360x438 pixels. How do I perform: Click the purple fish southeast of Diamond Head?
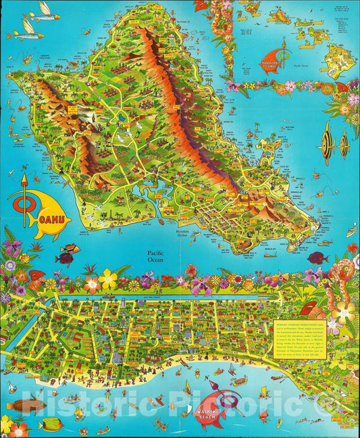coord(317,258)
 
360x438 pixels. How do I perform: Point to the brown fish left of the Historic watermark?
coord(27,406)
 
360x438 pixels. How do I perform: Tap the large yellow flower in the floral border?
coord(108,278)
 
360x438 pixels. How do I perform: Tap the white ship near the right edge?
coord(351,232)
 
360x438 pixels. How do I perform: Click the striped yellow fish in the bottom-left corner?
coord(49,424)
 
